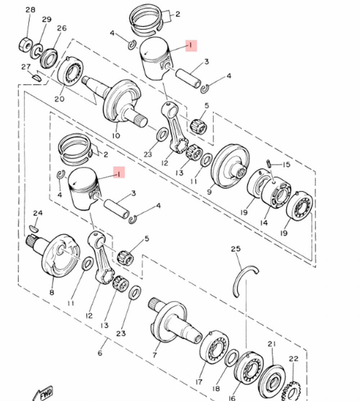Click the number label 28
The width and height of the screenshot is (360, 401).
tap(31, 10)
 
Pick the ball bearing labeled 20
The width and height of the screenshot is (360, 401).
tap(71, 72)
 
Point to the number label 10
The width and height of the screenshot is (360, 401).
tap(116, 136)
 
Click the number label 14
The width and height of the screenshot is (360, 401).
tap(264, 223)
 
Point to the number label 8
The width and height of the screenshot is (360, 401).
tap(51, 292)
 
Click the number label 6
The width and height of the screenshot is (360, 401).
tap(100, 353)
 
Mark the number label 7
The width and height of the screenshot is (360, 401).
tap(154, 355)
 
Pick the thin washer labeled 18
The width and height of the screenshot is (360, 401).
tap(231, 359)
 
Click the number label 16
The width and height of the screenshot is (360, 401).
tap(232, 398)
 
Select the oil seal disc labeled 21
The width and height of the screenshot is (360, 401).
tap(272, 378)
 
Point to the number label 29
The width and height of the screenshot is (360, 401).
tap(47, 19)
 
